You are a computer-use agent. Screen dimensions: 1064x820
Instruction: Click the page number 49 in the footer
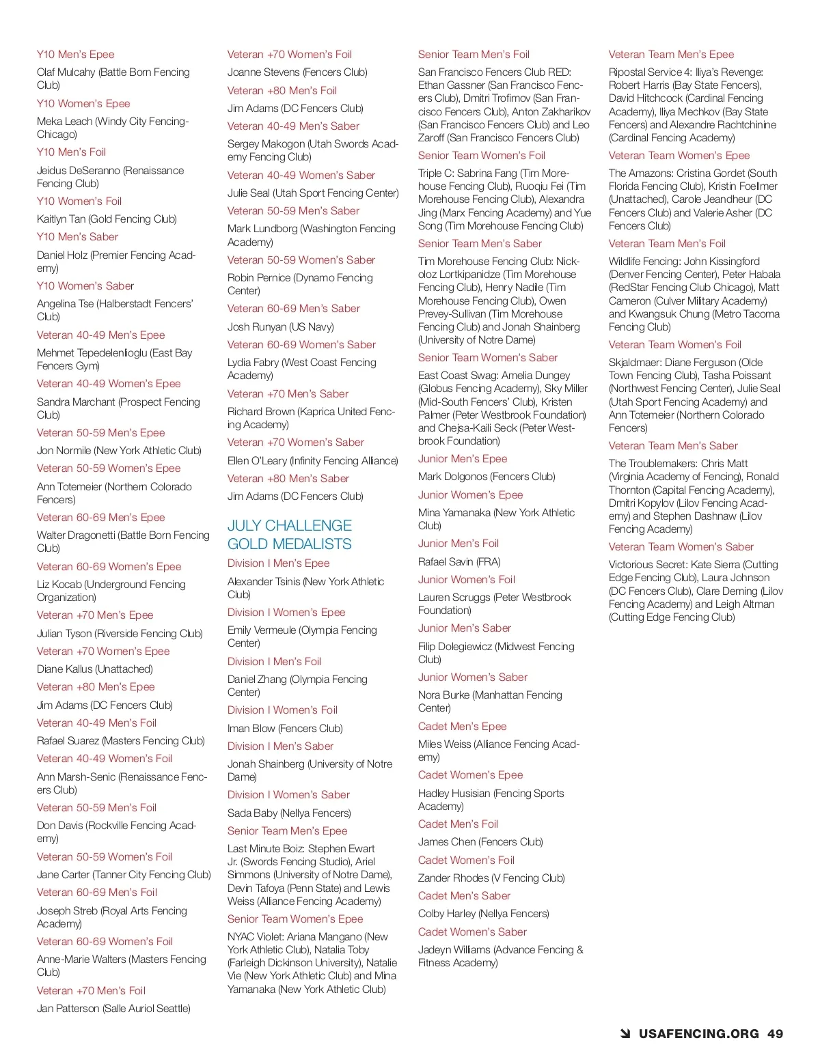pos(775,1034)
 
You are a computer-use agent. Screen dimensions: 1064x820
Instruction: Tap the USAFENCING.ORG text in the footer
pos(698,1034)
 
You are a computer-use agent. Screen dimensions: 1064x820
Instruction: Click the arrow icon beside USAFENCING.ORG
pos(625,1034)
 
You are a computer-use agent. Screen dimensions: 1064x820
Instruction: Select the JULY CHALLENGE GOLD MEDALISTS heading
pos(290,535)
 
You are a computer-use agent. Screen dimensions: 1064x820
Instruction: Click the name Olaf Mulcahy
pos(66,72)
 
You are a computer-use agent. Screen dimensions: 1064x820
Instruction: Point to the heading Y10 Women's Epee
pos(83,104)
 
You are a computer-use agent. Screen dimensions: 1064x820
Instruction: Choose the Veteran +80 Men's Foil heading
pos(282,91)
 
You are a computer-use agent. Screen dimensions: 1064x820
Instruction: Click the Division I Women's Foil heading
pos(282,710)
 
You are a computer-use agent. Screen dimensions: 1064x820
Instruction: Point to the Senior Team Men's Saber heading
pos(480,244)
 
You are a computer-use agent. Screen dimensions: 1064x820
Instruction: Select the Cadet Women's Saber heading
pos(472,932)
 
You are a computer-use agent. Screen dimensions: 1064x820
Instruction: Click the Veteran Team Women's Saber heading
pos(681,547)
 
